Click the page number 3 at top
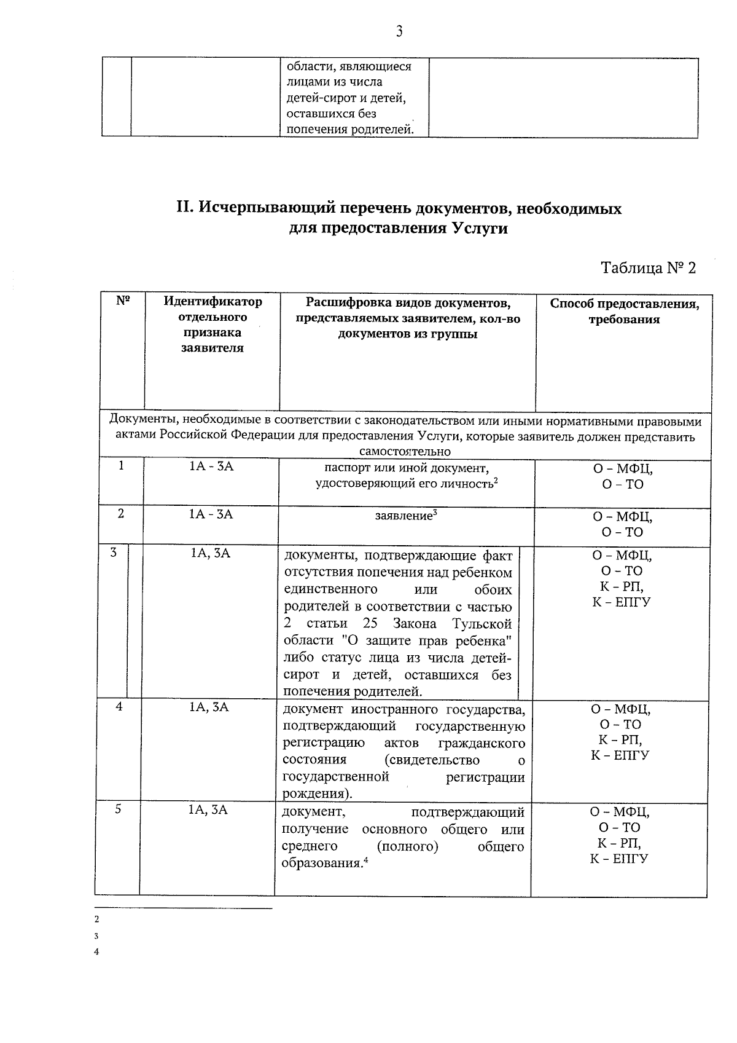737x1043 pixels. pyautogui.click(x=399, y=31)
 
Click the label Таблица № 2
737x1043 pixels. pyautogui.click(x=648, y=269)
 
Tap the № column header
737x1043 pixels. pyautogui.click(x=122, y=301)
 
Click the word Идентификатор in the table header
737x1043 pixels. pyautogui.click(x=213, y=302)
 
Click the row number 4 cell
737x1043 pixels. pyautogui.click(x=119, y=707)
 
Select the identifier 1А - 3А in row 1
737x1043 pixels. pyautogui.click(x=211, y=466)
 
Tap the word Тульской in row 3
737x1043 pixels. pyautogui.click(x=482, y=624)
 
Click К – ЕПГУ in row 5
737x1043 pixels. pyautogui.click(x=619, y=859)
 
